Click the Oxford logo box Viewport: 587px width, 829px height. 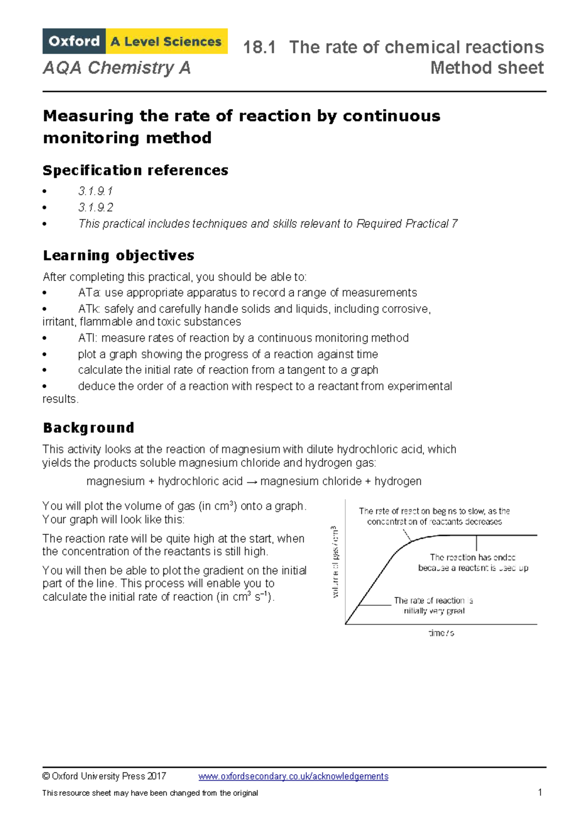point(74,41)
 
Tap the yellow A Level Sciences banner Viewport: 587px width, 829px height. point(166,42)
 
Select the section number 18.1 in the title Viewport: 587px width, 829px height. point(259,47)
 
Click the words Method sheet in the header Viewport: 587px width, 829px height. point(487,68)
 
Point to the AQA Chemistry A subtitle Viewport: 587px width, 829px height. point(116,68)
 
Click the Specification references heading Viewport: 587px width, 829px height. point(135,170)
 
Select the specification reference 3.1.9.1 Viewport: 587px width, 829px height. point(95,191)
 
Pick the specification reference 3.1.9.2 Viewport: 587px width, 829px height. point(95,207)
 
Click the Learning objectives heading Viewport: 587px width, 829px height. point(118,255)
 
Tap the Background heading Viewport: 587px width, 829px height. point(89,428)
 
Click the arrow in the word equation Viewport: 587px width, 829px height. point(251,481)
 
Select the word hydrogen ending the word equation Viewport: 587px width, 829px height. point(398,481)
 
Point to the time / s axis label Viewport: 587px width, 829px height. point(441,633)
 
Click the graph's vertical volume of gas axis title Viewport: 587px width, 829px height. point(335,562)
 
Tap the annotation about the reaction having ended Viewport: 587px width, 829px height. point(473,563)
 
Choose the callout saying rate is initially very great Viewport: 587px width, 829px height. point(433,606)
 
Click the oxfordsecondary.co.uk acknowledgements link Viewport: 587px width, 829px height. point(293,776)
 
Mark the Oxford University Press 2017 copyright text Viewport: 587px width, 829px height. point(104,776)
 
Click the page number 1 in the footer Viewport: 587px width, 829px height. point(540,792)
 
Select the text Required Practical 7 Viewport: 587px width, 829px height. point(407,224)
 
